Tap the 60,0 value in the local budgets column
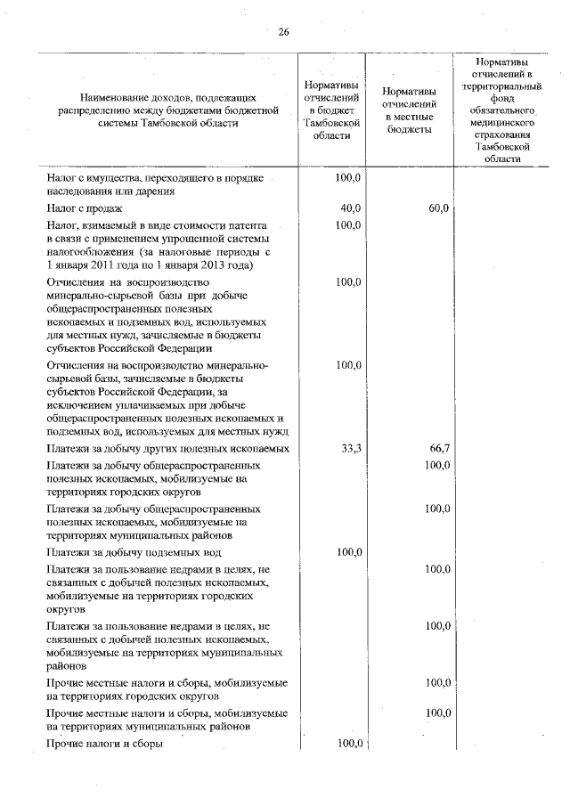click(x=437, y=208)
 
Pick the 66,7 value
click(x=437, y=448)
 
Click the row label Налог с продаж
click(x=84, y=208)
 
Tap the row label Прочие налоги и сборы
click(x=104, y=744)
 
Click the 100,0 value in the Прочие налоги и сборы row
click(x=347, y=744)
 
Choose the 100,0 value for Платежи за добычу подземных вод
click(x=347, y=552)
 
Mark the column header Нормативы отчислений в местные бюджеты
click(x=409, y=110)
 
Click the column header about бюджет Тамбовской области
click(x=331, y=110)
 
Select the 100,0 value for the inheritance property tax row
click(x=347, y=178)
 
